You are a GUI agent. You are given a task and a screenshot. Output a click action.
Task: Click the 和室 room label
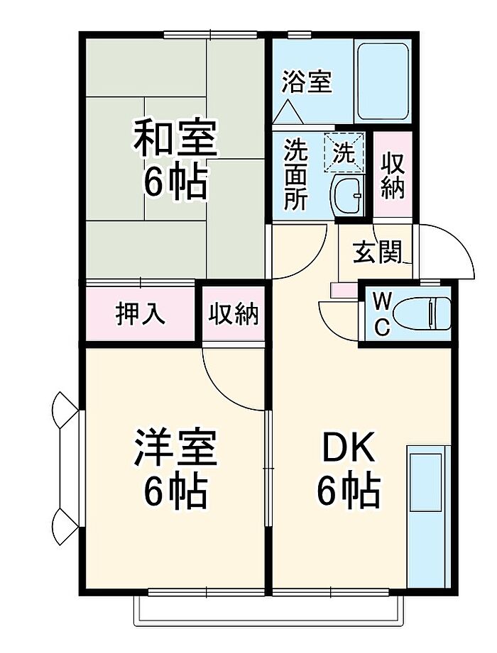coord(175,138)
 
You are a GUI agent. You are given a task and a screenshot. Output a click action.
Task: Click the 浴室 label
coord(307,82)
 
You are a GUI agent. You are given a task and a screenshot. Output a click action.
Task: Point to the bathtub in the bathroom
coord(383,82)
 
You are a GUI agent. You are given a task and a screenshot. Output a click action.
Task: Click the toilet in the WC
coord(421,313)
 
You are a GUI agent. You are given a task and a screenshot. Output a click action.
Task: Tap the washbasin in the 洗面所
coord(347,195)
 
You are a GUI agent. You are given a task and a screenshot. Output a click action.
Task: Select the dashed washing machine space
coord(344,151)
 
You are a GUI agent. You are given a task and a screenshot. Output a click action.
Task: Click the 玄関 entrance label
coord(377,252)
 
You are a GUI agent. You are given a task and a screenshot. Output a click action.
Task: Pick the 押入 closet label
coord(140,313)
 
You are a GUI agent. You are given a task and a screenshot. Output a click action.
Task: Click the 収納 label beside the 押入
coord(234,313)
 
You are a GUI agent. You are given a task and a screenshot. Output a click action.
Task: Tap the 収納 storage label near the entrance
coord(393,175)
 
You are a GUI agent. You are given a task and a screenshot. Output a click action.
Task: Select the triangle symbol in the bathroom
coord(288,112)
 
